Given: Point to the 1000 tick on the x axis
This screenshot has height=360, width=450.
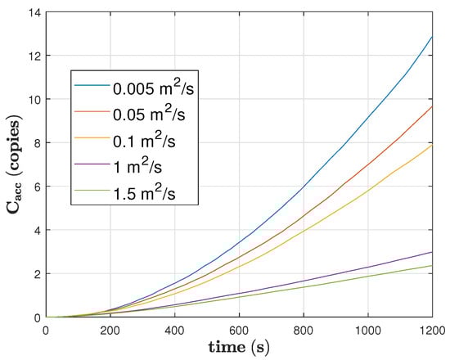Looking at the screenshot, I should pos(367,329).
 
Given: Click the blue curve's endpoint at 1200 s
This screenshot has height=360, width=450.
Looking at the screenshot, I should pos(432,36).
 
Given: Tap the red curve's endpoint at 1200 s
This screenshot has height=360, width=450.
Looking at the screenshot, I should pos(432,106).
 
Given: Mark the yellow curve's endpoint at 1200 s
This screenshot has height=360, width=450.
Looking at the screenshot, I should pos(432,145).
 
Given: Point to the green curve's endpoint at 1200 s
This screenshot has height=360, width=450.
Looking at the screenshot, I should pos(432,265).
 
